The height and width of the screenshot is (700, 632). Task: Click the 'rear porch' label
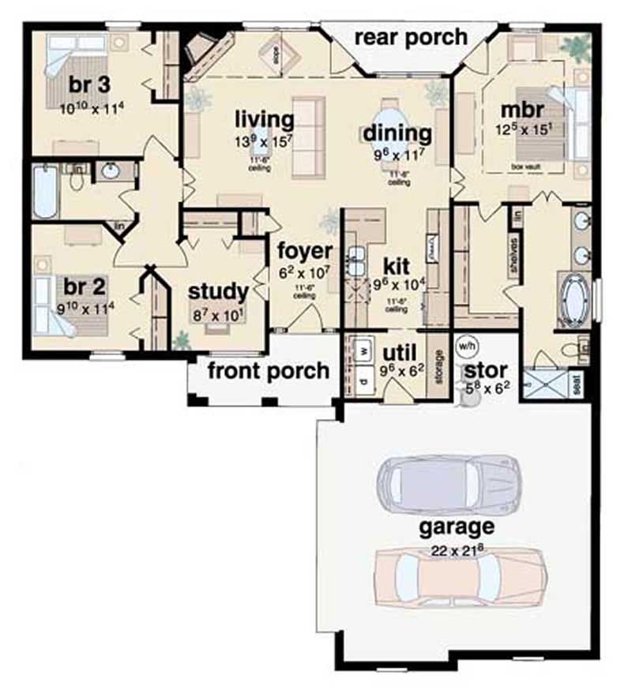[x=410, y=36]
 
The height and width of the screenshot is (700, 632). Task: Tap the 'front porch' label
[x=268, y=370]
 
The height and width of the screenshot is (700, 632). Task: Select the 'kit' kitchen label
[x=393, y=263]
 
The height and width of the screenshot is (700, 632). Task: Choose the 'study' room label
[x=218, y=291]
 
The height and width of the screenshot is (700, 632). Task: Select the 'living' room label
[x=264, y=120]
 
